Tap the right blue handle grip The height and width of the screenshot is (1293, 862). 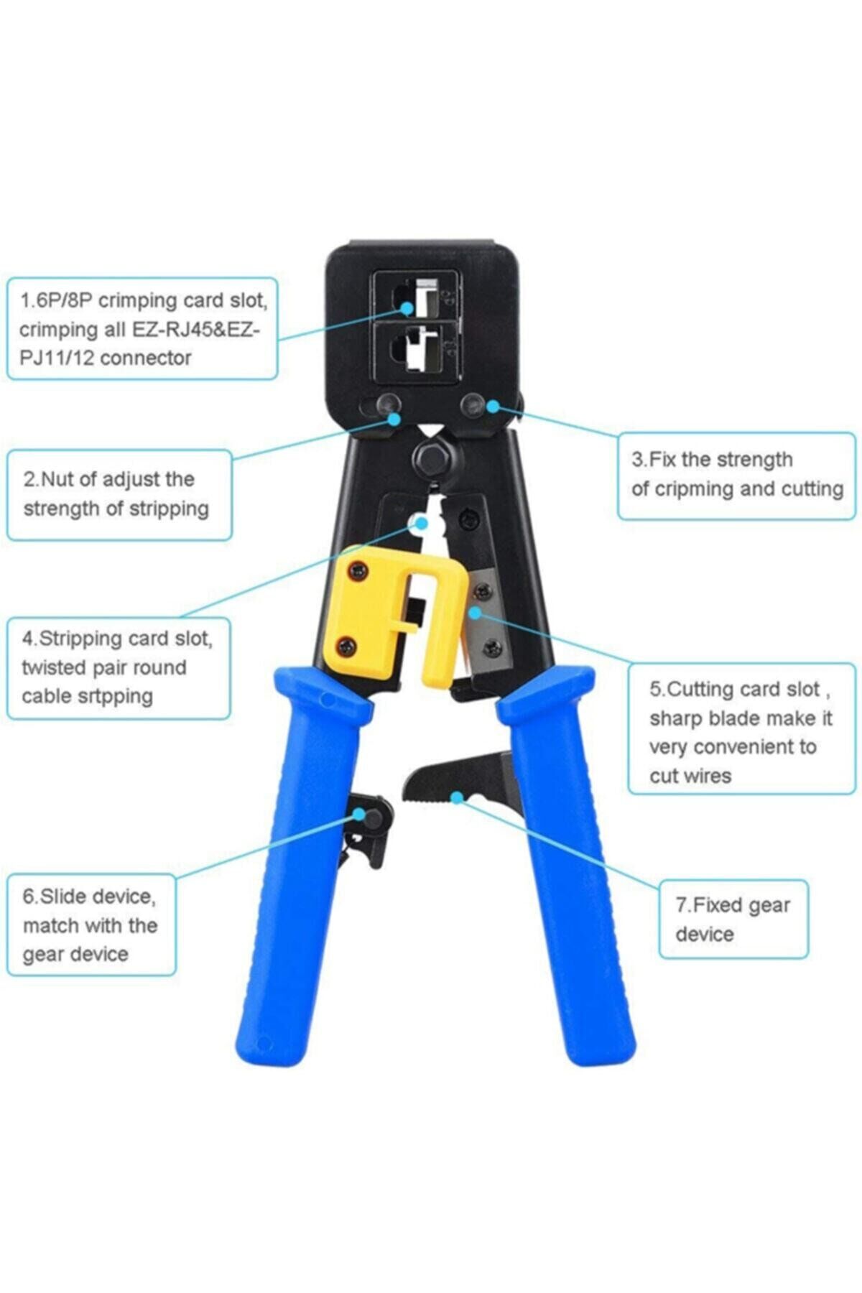click(x=567, y=862)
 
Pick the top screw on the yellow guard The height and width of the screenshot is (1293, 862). click(x=357, y=571)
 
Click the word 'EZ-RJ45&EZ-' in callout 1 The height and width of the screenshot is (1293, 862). click(x=195, y=330)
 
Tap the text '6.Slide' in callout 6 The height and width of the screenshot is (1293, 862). click(x=58, y=896)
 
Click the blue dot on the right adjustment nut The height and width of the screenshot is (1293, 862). click(x=492, y=406)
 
